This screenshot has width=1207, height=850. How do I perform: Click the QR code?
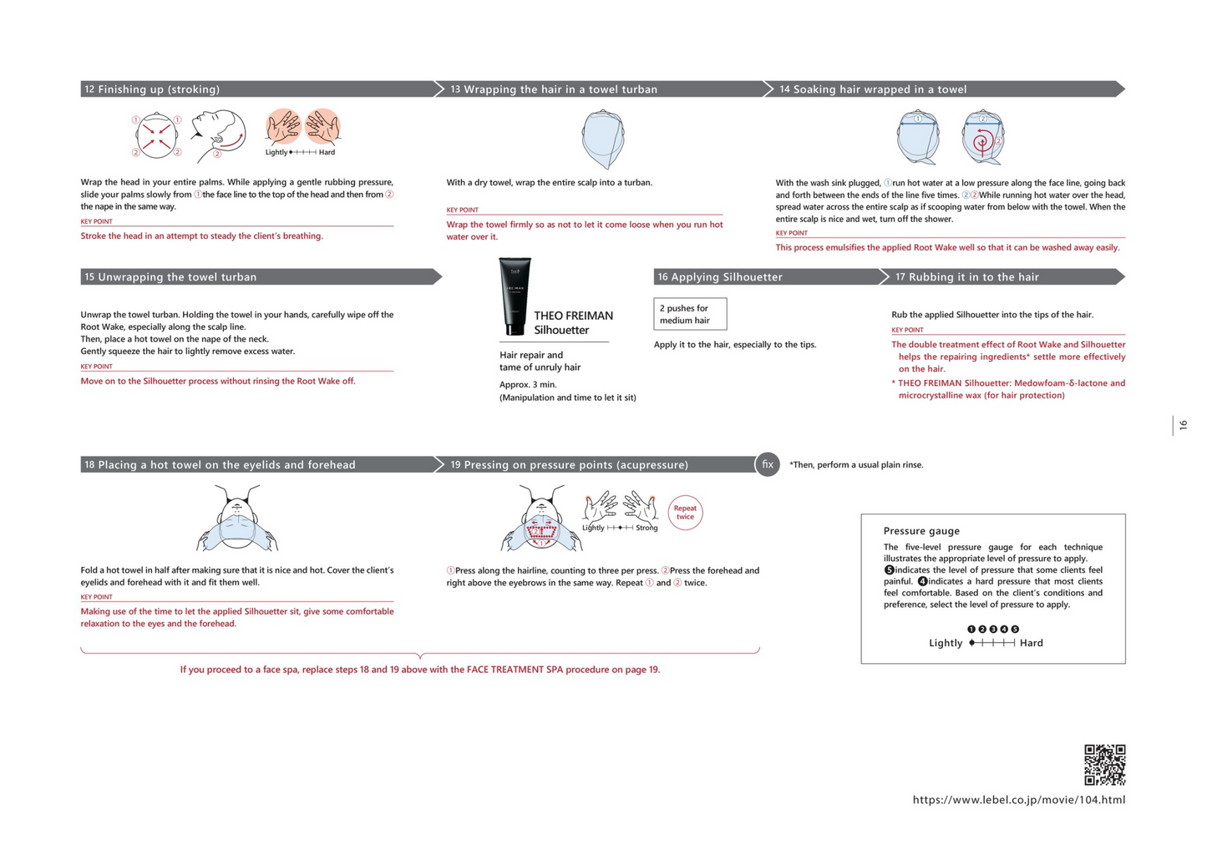1104,765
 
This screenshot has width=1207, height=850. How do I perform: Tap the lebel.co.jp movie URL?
1018,800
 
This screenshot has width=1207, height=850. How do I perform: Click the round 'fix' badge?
767,464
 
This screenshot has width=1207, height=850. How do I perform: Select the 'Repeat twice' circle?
685,513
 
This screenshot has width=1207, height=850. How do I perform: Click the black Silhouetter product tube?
514,296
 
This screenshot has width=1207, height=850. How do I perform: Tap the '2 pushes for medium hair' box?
690,314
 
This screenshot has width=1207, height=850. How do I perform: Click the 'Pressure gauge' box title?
921,531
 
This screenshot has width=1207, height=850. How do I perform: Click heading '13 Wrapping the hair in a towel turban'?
553,89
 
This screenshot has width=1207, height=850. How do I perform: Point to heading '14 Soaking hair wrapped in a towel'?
873,89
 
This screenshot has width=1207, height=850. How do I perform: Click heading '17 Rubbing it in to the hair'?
967,277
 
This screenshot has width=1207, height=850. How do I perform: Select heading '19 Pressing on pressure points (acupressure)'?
569,465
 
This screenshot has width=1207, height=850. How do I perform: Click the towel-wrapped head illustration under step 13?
603,139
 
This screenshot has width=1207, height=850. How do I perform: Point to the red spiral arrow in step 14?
982,142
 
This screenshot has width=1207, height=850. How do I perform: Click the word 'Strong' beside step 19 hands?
647,528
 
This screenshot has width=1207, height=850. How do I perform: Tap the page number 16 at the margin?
1183,426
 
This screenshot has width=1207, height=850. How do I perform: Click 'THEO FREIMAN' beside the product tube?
573,316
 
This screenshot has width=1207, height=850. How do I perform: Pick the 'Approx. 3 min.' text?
528,385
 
